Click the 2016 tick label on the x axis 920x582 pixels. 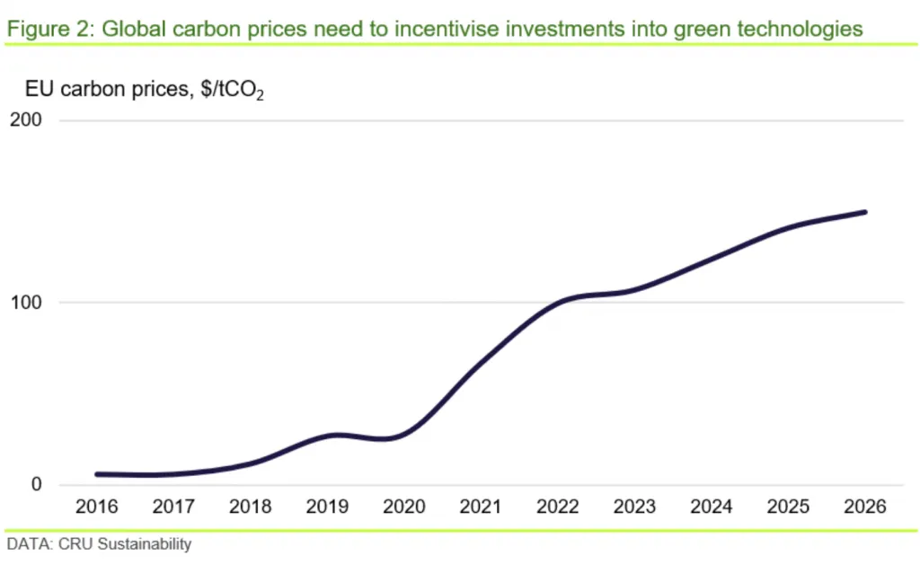click(97, 507)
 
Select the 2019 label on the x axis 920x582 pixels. click(327, 507)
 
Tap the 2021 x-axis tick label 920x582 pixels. click(481, 507)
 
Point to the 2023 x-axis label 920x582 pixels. click(634, 507)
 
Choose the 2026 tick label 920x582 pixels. click(864, 507)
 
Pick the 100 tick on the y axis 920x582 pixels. click(28, 303)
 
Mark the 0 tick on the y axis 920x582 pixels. click(38, 485)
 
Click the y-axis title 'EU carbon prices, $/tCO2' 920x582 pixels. click(144, 90)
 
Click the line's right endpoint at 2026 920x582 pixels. click(864, 212)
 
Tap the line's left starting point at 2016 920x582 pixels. click(97, 474)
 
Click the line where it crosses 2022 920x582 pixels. click(557, 303)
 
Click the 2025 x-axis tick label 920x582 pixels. click(788, 507)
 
